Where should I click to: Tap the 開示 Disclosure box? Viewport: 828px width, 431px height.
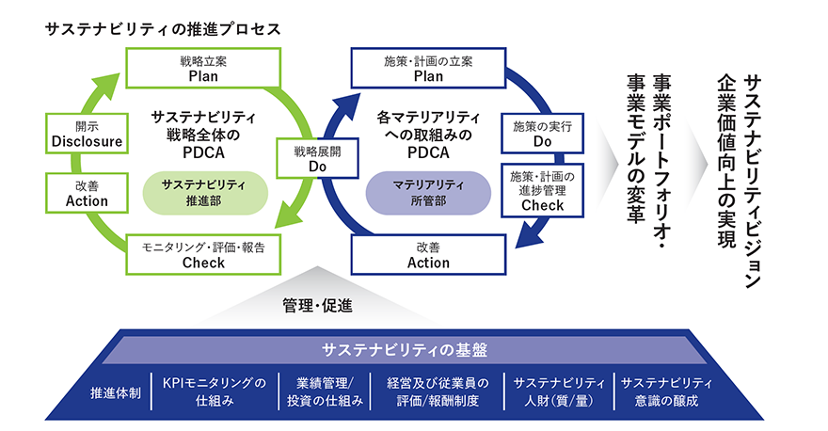pyautogui.click(x=86, y=134)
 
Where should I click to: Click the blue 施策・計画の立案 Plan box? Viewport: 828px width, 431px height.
pyautogui.click(x=428, y=68)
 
